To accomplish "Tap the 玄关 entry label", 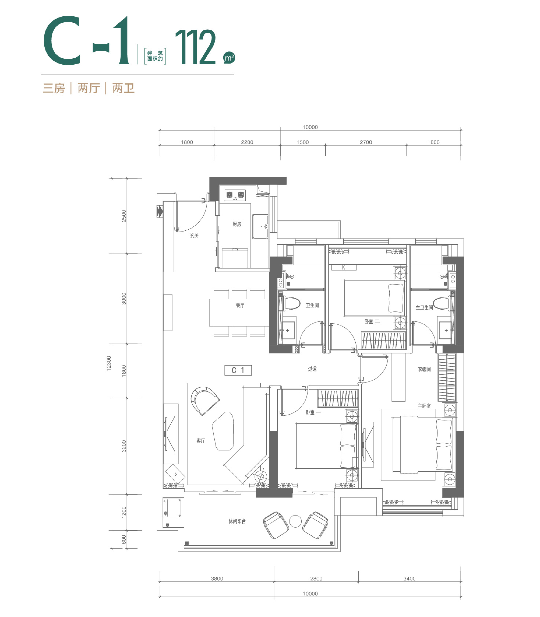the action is point(194,235).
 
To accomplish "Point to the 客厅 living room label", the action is point(201,441).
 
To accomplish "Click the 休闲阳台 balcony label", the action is point(237,521).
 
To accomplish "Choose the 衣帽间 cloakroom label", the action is point(424,369).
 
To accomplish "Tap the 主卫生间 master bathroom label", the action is point(424,308).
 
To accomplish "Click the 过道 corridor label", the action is point(312,369).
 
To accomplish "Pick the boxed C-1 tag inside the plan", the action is point(238,370).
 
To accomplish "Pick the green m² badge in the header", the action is point(229,57).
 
